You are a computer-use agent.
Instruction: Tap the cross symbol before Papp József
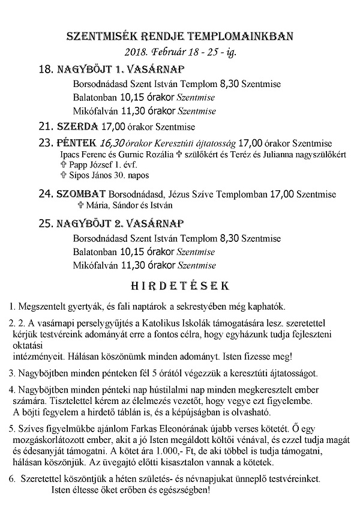pos(63,164)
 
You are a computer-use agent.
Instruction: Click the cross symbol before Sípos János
pos(63,175)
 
